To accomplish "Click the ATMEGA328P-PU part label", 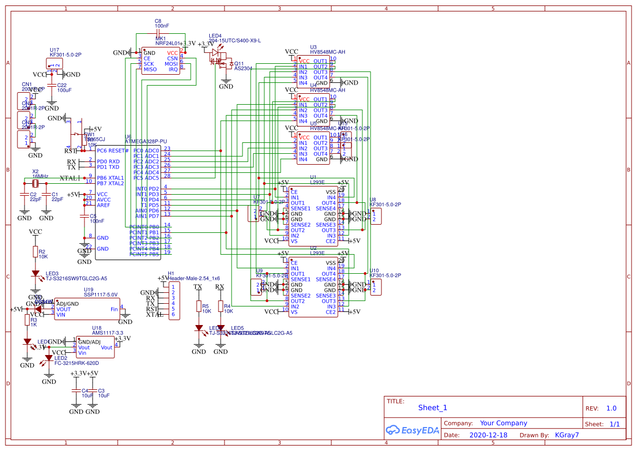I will click(145, 141).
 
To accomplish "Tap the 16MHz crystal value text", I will click(40, 177).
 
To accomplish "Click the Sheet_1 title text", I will click(432, 407).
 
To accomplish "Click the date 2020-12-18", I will click(488, 435).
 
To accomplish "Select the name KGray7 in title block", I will click(566, 435).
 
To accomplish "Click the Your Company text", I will click(503, 423).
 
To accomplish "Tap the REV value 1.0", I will click(611, 408).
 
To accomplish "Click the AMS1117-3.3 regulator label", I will click(108, 333).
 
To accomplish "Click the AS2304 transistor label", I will click(243, 69).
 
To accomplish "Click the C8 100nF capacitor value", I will click(162, 26).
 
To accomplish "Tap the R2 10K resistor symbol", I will click(35, 251).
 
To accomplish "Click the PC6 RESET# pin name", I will click(113, 151).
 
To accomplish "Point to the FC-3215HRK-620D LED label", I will click(76, 363).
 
